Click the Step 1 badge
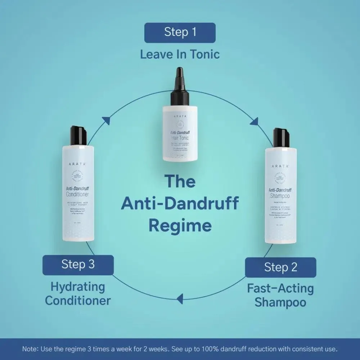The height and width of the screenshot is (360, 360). click(180, 32)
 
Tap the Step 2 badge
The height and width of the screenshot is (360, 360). click(280, 267)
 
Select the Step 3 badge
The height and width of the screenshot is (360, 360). click(78, 265)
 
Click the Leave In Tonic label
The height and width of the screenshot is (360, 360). click(180, 55)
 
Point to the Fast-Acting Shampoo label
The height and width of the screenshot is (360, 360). click(280, 295)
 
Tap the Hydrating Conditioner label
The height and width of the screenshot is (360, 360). click(78, 294)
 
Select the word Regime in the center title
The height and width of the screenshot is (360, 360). click(180, 226)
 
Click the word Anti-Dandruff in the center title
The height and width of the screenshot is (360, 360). click(180, 203)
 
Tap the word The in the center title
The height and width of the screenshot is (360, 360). click(180, 181)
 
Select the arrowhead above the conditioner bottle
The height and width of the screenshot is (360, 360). click(107, 121)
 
